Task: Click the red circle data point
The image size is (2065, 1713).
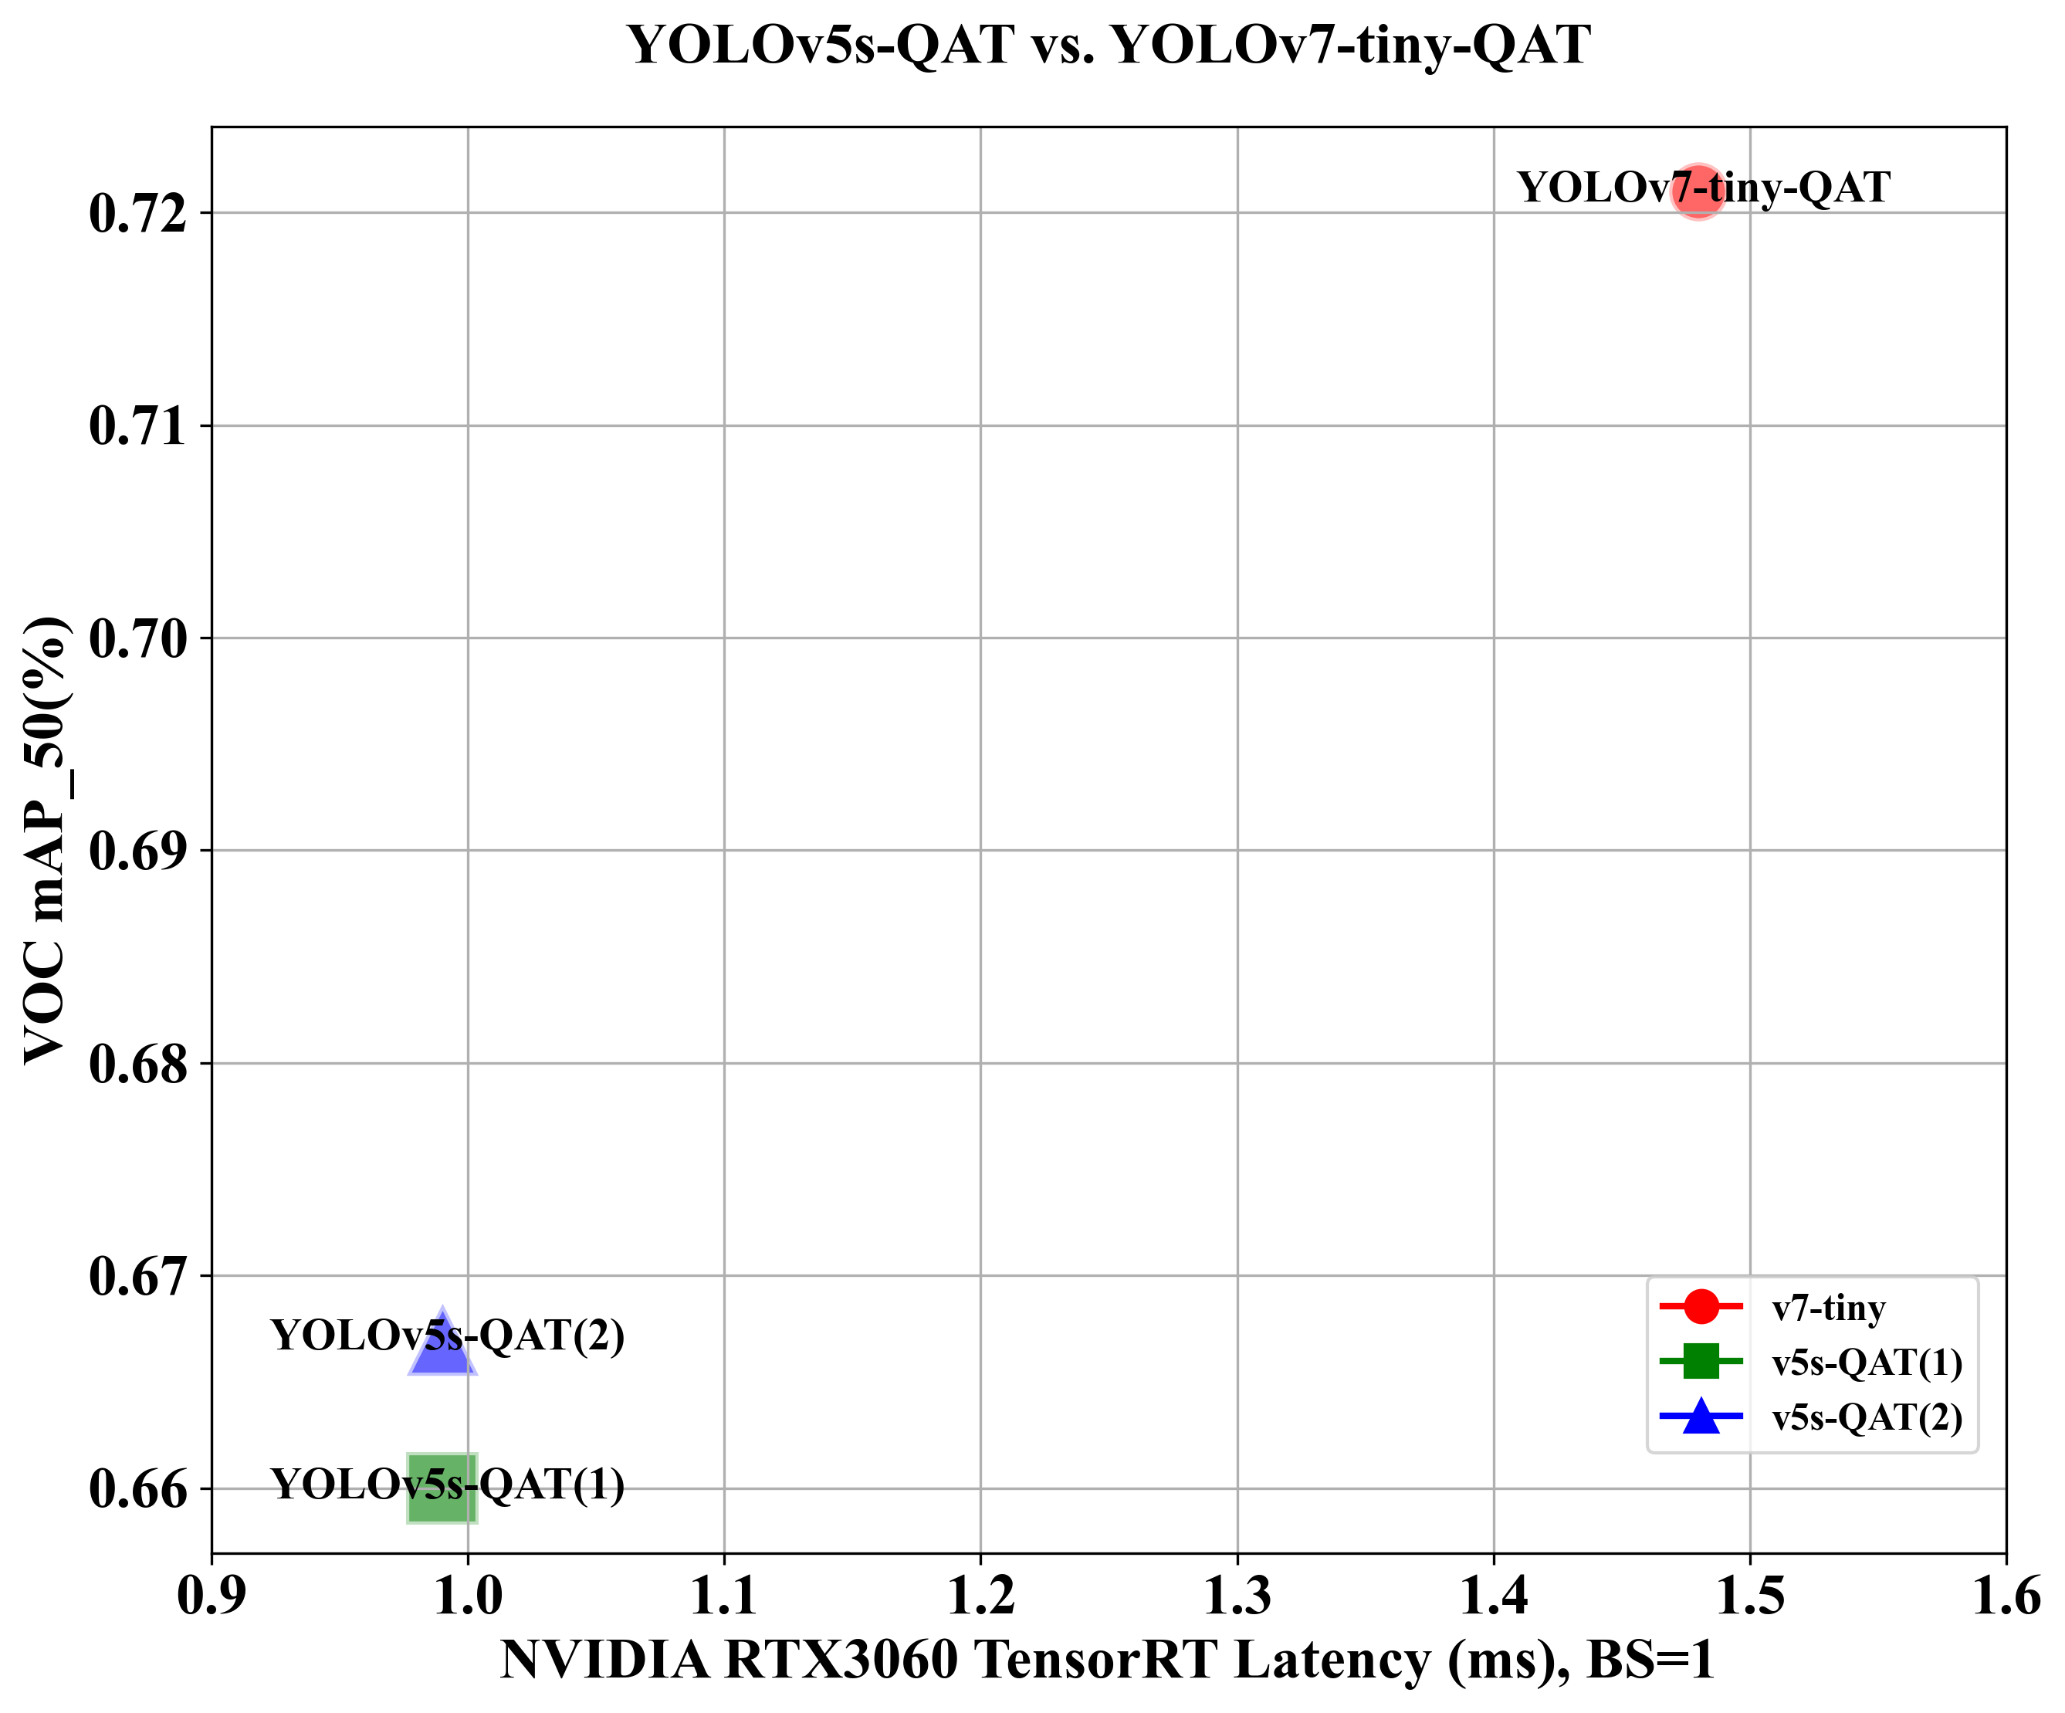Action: (1698, 191)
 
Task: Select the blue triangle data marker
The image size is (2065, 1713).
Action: (442, 1346)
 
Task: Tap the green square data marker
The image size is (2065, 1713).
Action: (442, 1488)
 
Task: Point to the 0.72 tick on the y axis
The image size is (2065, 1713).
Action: (137, 213)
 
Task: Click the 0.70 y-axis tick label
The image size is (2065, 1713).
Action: (137, 639)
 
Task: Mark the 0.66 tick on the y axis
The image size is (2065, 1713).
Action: (137, 1489)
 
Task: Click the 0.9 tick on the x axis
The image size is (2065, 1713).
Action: (212, 1595)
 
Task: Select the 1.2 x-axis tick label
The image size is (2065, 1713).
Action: (980, 1595)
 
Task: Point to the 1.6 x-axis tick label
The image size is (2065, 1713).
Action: (2006, 1595)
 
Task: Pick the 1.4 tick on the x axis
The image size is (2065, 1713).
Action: (1494, 1595)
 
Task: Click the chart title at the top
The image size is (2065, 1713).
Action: (1109, 46)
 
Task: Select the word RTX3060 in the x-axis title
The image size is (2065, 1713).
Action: (841, 1660)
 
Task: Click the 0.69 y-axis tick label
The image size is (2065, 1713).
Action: (137, 851)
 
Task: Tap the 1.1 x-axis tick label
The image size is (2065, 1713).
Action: (724, 1595)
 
